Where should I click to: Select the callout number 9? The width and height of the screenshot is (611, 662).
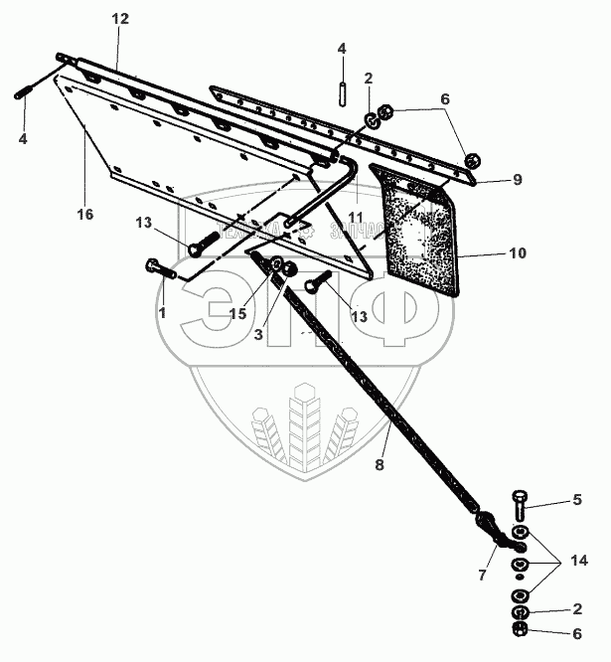pos(517,180)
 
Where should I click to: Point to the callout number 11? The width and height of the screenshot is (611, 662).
pos(356,217)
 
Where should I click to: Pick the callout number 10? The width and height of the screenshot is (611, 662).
pos(517,254)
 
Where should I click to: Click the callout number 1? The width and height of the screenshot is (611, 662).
pos(162,311)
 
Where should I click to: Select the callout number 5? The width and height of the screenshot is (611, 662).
pos(576,501)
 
